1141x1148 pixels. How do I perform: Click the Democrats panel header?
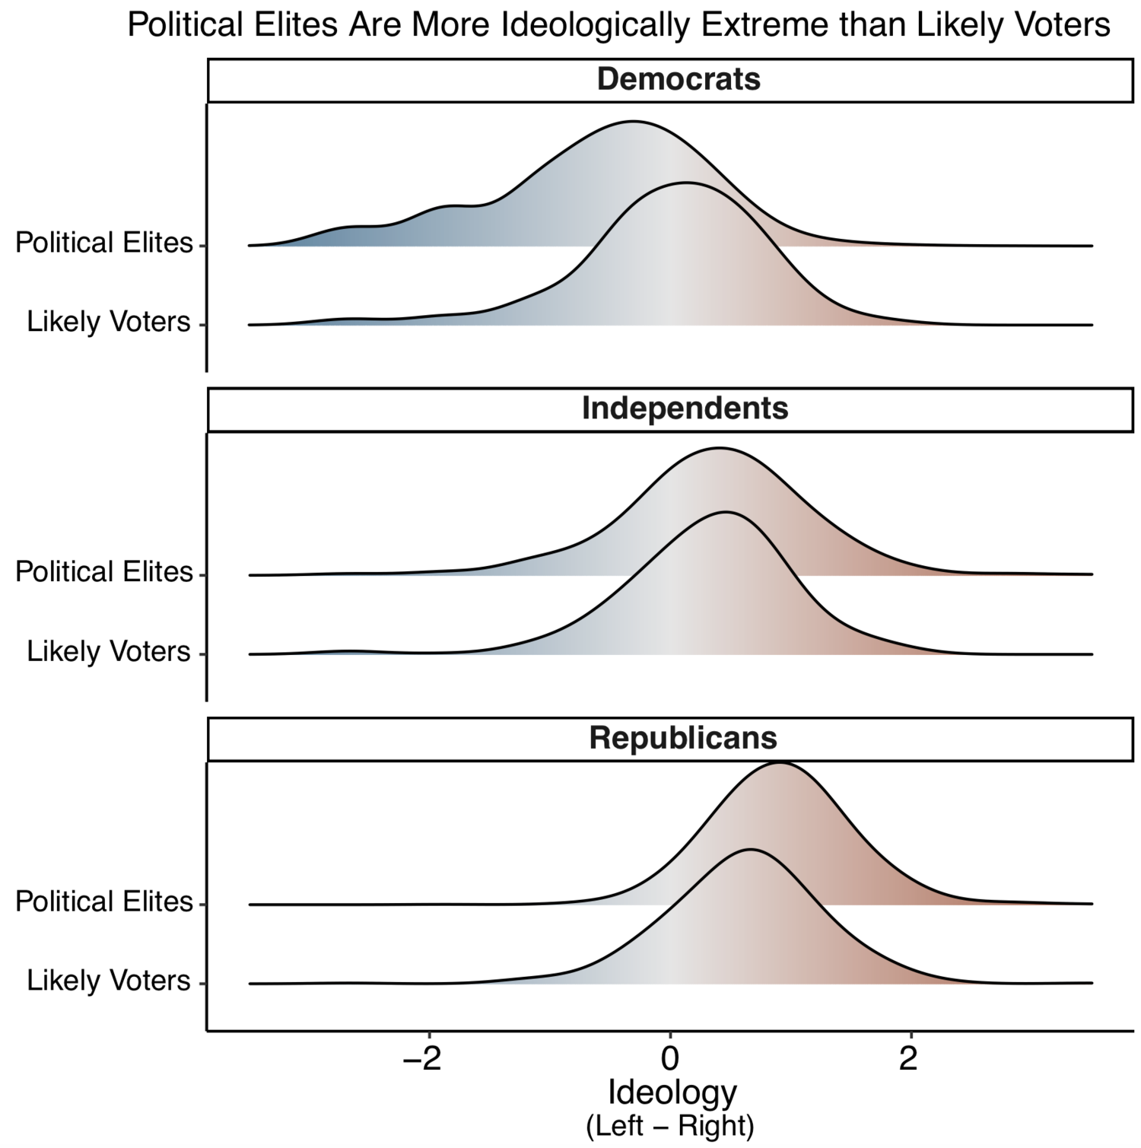pos(679,80)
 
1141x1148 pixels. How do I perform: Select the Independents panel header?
pos(685,409)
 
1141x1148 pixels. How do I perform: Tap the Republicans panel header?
pos(683,739)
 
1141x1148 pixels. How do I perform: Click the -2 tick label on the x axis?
pos(423,1059)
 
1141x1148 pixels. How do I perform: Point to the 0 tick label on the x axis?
pos(669,1059)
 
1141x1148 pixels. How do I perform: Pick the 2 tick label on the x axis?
pos(909,1059)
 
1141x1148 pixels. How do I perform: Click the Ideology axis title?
pos(672,1093)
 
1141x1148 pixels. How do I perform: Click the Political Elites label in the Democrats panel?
pos(104,243)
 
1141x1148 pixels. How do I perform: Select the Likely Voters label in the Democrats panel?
pos(109,323)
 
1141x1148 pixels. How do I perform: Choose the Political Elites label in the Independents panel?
pos(104,572)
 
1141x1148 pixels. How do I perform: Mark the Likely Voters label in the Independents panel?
pos(109,652)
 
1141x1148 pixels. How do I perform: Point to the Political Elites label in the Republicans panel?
pos(104,902)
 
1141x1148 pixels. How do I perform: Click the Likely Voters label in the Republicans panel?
pos(109,981)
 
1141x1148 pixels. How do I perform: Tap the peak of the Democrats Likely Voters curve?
pos(687,183)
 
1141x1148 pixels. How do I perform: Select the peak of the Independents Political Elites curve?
pos(718,449)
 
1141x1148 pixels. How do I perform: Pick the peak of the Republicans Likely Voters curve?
pos(751,850)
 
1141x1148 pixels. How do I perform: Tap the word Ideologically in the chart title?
pos(596,26)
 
